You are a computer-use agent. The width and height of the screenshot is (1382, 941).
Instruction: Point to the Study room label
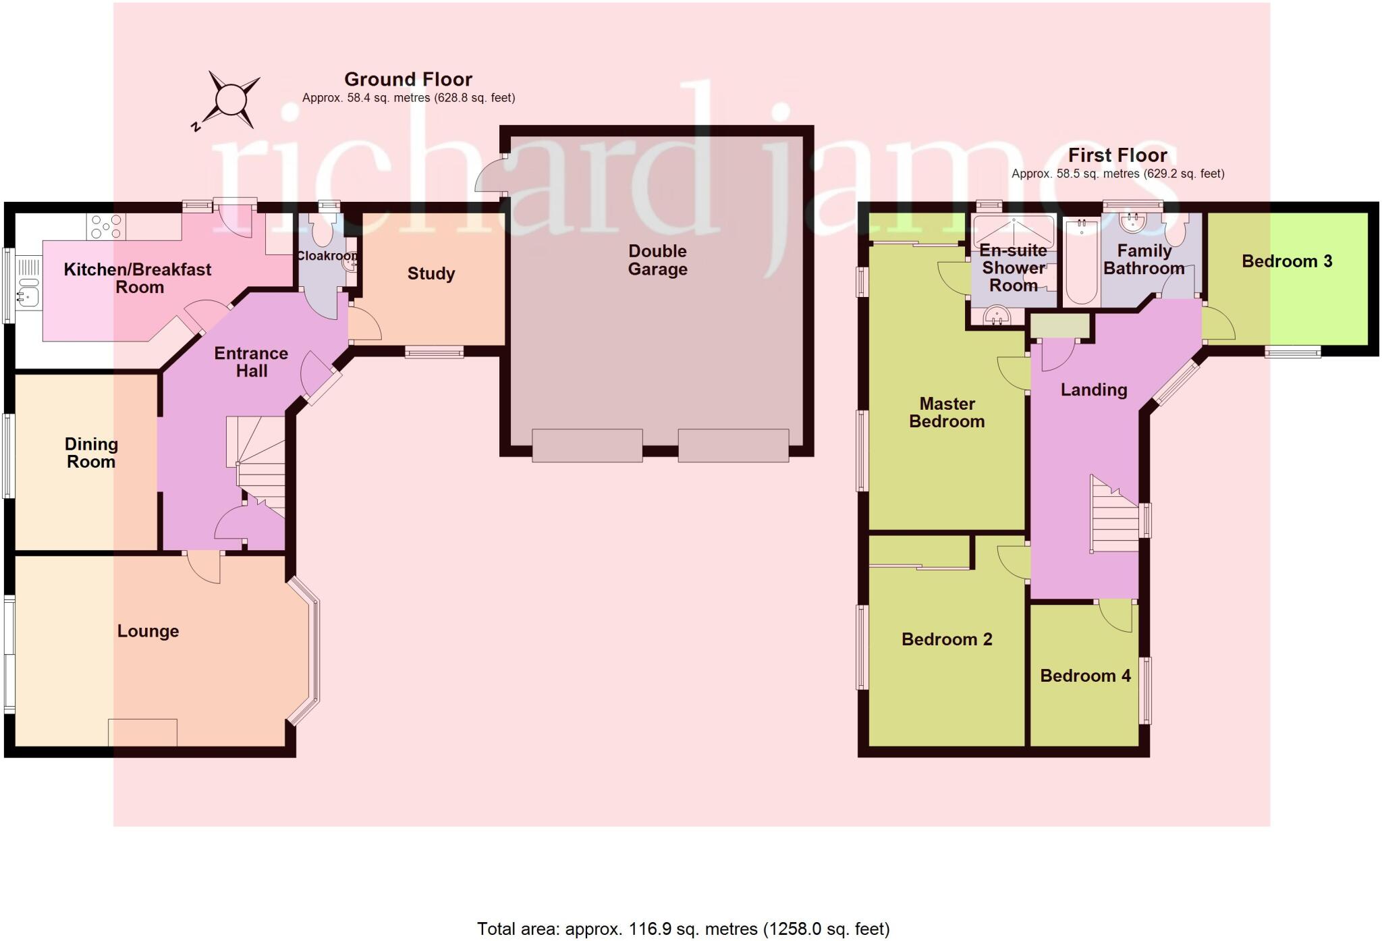(431, 273)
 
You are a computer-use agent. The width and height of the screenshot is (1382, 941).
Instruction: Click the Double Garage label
(657, 260)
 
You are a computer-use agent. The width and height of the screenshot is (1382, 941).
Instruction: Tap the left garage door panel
(587, 445)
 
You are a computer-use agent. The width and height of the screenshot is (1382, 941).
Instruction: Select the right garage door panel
(733, 445)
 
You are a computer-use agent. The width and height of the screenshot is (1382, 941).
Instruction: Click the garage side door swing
(489, 176)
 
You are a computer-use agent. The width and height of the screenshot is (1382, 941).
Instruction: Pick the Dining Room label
(91, 453)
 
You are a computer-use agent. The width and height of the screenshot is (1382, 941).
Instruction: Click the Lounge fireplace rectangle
(142, 732)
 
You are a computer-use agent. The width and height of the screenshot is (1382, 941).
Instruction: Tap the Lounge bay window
(311, 651)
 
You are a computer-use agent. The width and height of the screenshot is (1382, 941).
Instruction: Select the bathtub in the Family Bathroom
(1081, 262)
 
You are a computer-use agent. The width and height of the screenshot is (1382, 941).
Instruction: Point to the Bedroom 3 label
(1286, 261)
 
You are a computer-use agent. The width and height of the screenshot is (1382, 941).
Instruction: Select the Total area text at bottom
(683, 929)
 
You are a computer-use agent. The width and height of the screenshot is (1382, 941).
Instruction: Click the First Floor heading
(1117, 155)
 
